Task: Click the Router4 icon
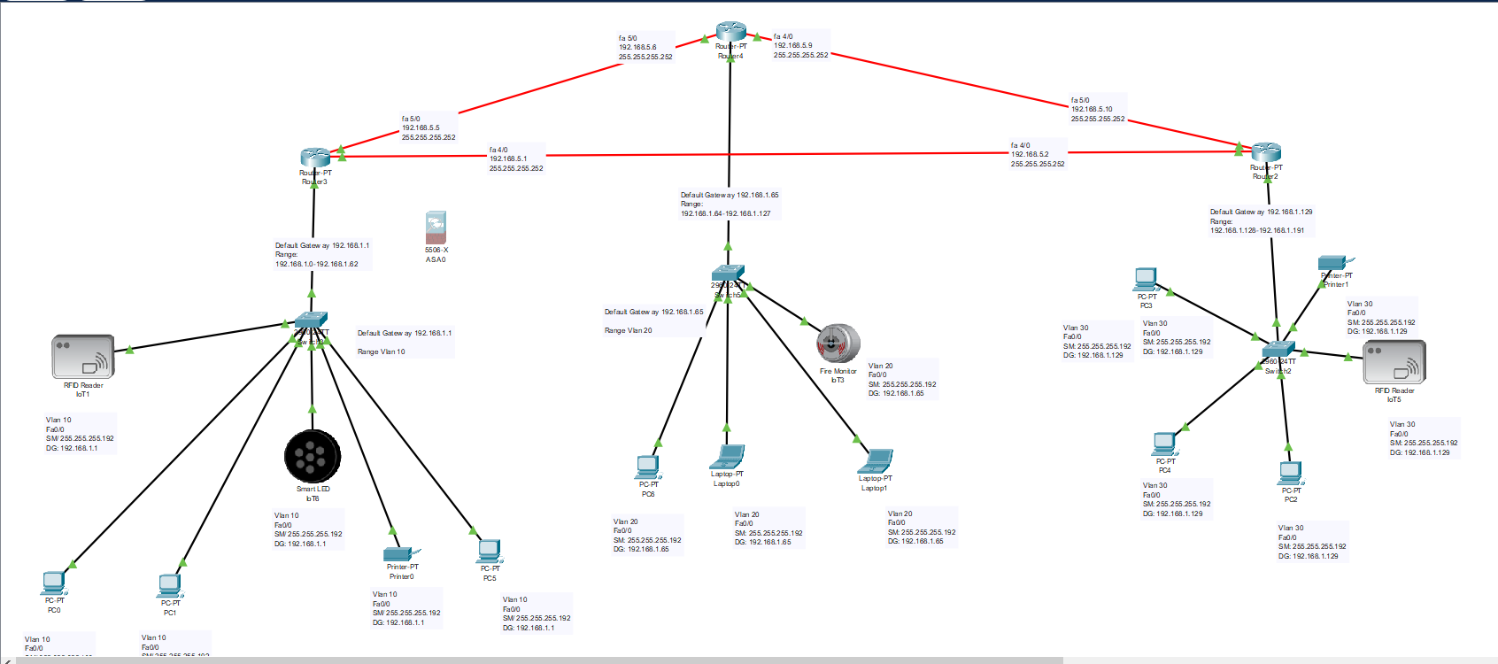point(730,32)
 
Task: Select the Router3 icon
point(314,158)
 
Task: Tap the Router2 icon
point(1266,151)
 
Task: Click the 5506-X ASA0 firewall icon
point(436,227)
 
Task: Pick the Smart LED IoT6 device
point(312,456)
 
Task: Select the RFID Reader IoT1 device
point(83,357)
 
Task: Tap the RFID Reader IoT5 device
point(1394,361)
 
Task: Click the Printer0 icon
point(401,553)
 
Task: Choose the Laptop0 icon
point(727,457)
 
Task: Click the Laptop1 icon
point(876,461)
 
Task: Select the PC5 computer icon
point(490,552)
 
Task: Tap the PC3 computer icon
point(1146,280)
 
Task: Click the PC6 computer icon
point(648,467)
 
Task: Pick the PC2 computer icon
point(1291,473)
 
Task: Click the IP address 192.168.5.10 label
point(1092,110)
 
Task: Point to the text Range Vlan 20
point(629,330)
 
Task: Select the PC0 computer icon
point(54,583)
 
